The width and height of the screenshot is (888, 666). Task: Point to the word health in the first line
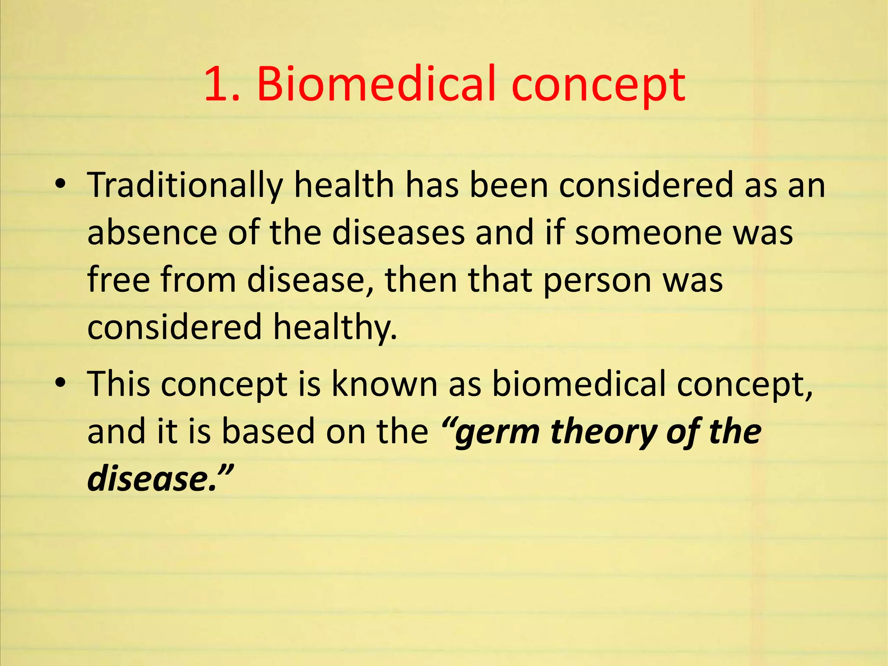344,185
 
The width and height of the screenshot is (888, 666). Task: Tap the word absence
152,233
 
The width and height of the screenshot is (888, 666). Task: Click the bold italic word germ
497,433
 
